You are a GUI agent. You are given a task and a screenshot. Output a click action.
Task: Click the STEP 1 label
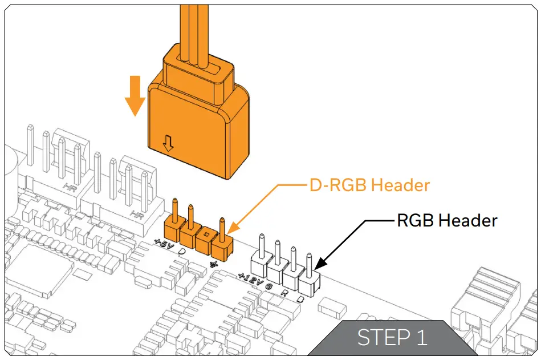click(x=392, y=338)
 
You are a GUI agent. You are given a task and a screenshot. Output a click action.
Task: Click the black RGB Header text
click(x=447, y=220)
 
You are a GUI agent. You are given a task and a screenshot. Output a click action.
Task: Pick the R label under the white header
click(x=283, y=293)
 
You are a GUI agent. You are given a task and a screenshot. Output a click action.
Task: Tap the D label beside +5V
click(x=181, y=251)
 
